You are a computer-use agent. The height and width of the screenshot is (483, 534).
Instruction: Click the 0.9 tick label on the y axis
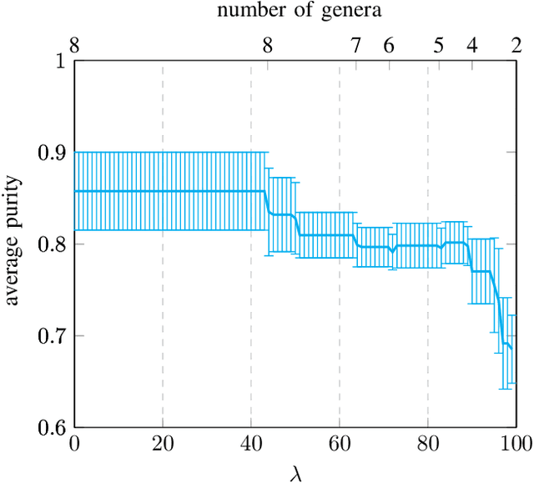click(x=52, y=153)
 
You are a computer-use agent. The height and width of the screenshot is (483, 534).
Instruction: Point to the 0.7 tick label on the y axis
click(x=52, y=336)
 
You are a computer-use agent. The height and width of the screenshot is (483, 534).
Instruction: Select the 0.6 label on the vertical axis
click(x=52, y=428)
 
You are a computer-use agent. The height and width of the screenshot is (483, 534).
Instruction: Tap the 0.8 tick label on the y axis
click(x=52, y=244)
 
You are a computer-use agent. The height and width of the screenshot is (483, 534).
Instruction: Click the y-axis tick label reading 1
click(x=59, y=61)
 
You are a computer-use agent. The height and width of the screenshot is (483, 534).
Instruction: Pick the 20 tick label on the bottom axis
click(x=163, y=443)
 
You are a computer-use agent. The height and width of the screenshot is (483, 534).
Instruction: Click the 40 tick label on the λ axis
click(x=251, y=443)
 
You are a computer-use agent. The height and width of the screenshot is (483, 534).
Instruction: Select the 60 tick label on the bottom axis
click(x=340, y=443)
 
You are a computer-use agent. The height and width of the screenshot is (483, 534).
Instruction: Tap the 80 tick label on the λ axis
click(x=428, y=443)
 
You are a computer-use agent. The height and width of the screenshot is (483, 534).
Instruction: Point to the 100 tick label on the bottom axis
click(x=516, y=443)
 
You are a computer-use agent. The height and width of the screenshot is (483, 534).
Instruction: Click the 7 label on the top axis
click(x=356, y=46)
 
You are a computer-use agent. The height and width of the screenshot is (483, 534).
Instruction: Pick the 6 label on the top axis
click(x=388, y=46)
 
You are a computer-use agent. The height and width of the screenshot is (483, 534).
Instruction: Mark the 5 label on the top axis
click(x=438, y=46)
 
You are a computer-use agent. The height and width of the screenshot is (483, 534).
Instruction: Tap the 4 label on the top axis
click(x=472, y=46)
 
